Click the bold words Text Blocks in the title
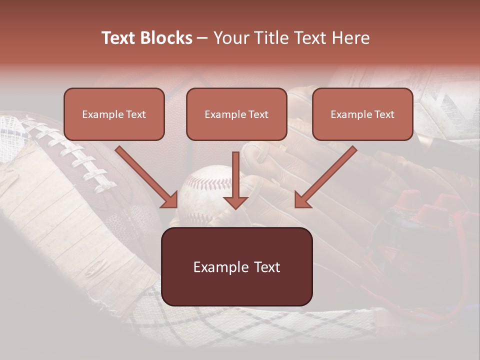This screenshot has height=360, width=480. pos(147,38)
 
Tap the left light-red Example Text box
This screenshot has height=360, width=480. pos(114,114)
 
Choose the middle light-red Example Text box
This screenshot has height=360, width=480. pos(236,114)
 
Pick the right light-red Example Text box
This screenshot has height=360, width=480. pos(362,114)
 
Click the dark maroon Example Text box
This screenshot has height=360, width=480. pos(236,267)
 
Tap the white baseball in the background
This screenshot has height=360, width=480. pos(202,192)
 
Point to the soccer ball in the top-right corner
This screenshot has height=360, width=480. pos(445,100)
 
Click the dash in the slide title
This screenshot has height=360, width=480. pos(202,38)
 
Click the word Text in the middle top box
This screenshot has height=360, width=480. pos(258,114)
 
